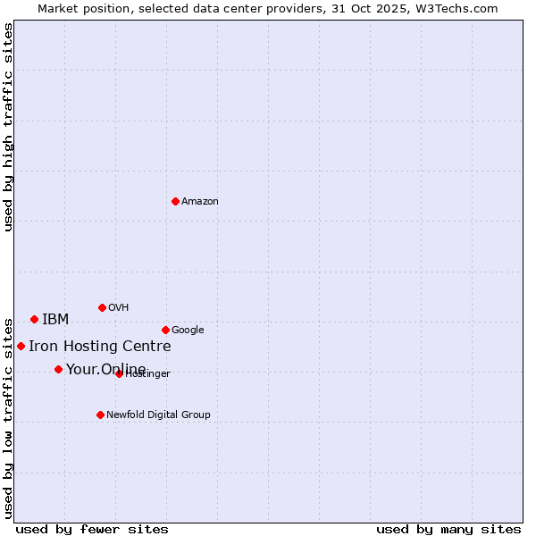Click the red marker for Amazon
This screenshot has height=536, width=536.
175,201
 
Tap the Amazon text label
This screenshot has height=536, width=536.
200,202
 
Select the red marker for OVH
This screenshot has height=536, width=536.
102,307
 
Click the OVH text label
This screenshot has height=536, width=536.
119,308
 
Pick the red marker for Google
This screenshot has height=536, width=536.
165,330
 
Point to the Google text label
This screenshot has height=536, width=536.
188,331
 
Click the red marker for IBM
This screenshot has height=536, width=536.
34,319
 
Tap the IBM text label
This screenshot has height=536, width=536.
55,320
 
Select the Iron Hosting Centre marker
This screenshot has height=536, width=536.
21,346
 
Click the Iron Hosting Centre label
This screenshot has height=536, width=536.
99,347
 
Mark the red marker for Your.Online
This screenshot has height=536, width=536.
58,369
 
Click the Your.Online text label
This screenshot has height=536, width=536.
105,370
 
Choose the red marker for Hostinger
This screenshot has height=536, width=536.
119,373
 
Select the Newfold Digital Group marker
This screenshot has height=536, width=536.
100,415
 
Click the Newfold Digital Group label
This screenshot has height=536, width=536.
158,415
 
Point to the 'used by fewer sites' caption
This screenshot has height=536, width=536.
92,529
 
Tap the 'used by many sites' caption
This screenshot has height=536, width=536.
448,529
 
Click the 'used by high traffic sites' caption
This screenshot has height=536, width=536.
9,127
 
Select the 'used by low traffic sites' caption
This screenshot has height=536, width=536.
9,417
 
